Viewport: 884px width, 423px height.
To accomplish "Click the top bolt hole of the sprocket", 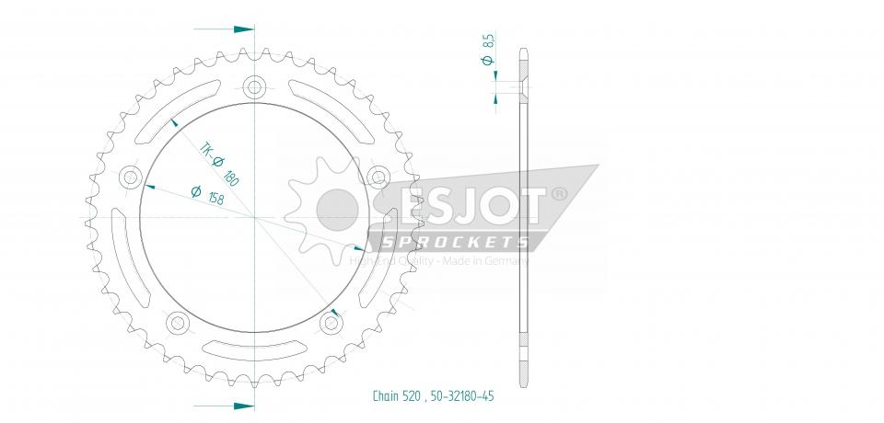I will coord(255,88).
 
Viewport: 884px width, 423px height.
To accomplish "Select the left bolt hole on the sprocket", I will coord(131,177).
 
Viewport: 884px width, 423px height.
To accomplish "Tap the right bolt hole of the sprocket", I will coord(378,176).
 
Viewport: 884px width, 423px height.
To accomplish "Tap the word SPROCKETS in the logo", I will coord(454,242).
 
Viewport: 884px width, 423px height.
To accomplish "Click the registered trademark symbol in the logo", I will coord(558,196).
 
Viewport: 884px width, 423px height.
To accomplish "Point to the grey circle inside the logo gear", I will coord(337,210).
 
